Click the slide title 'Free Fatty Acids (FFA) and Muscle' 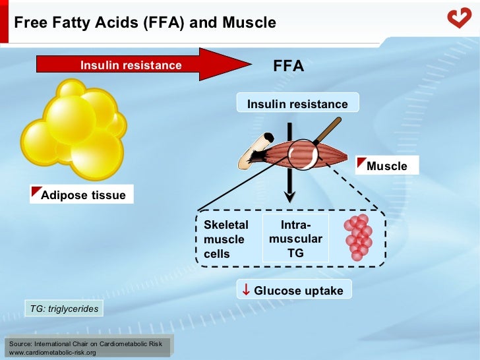click(145, 22)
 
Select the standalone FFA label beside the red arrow click(288, 66)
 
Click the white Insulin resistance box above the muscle click(297, 104)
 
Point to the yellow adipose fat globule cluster click(73, 129)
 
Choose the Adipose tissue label click(82, 195)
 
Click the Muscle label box click(386, 166)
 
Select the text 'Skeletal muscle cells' click(226, 239)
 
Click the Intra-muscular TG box click(295, 239)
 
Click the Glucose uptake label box click(294, 290)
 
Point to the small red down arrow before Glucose click(245, 290)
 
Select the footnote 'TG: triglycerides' click(63, 308)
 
